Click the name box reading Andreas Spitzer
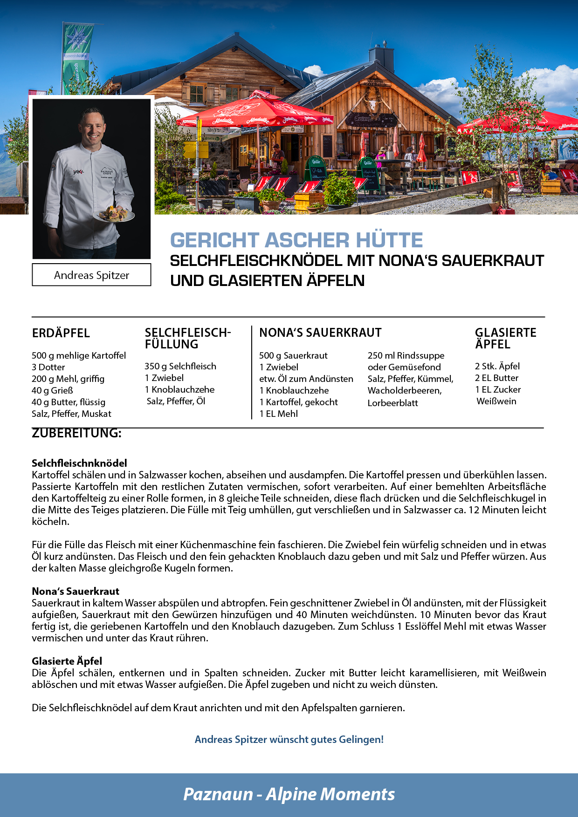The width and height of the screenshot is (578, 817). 91,275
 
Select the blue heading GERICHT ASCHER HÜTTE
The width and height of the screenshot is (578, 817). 296,240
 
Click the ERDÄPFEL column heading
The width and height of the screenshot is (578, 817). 61,333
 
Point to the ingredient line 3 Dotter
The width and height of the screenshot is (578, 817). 48,367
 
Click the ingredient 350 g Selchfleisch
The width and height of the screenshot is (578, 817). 180,366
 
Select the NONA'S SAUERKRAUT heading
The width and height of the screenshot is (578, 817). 320,333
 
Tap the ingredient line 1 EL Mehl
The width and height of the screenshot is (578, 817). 278,414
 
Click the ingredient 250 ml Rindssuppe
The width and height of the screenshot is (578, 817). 406,355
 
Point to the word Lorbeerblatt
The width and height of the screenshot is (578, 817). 392,403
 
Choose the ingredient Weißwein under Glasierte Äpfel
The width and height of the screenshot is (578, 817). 496,401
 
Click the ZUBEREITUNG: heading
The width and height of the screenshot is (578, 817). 76,433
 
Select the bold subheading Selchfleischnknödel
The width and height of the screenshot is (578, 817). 79,463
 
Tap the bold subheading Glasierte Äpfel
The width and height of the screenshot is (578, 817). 67,661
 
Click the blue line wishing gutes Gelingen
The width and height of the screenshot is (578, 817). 289,739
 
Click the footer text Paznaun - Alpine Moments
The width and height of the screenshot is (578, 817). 289,794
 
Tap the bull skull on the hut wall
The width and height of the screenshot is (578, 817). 374,105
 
